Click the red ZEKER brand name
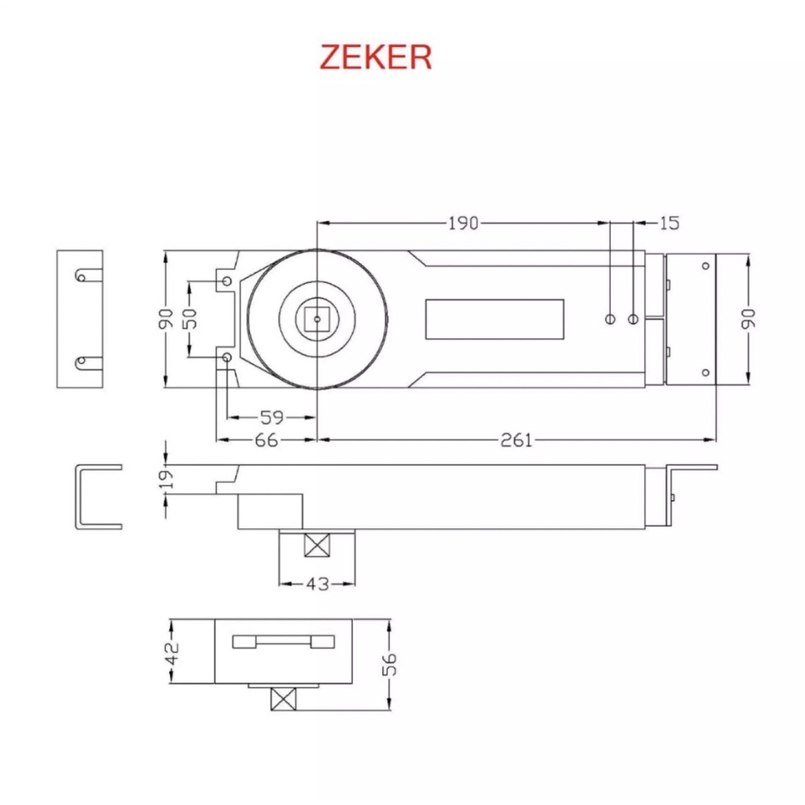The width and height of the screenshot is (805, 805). pos(375,57)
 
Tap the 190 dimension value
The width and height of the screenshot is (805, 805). pos(463,223)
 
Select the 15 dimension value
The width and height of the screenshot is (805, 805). pos(669,222)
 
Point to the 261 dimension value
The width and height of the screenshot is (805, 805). pos(516,440)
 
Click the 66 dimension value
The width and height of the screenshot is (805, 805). pos(266,440)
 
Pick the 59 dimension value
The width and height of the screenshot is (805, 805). pos(272,417)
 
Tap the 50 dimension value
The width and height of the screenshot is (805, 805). pos(189,319)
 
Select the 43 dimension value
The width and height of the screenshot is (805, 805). pos(318,584)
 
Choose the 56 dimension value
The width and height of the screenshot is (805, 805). pos(390,664)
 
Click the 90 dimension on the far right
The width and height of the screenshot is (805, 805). pos(748,318)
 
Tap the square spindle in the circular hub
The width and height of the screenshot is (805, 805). pos(318,319)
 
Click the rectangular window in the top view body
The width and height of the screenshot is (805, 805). pos(495,319)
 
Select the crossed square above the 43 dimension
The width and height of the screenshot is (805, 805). pos(318,546)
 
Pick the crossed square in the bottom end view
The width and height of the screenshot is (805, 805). pos(283,699)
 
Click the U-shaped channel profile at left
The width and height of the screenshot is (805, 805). pos(77,497)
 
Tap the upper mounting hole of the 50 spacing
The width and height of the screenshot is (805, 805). pos(227,281)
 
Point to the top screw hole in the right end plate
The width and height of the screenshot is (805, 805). pos(705,266)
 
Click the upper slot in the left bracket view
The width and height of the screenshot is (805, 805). pos(88,277)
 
